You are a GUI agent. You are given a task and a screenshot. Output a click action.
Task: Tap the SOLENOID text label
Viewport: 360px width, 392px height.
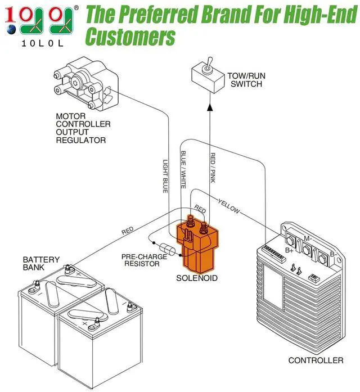197,278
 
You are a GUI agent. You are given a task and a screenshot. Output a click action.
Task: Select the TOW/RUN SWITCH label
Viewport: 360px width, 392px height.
246,80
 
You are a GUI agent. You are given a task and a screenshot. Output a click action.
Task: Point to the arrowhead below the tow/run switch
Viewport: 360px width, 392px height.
210,107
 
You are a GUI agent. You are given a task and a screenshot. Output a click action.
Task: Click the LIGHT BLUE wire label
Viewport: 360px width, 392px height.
165,176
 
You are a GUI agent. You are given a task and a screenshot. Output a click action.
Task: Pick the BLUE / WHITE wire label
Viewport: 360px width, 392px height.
183,169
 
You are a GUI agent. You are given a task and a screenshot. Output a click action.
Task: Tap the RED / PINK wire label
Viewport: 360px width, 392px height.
213,168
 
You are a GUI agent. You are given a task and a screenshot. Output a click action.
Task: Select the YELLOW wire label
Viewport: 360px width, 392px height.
229,206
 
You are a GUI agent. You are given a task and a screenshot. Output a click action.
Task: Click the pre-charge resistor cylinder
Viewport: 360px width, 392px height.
167,249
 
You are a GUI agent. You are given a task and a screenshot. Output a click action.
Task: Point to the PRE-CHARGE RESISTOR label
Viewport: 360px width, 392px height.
144,260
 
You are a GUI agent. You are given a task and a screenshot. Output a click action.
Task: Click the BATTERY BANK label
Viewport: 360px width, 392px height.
41,263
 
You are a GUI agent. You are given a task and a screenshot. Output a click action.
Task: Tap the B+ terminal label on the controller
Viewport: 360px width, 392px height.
289,250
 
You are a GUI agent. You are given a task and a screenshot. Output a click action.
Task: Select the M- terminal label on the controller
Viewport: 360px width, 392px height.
308,238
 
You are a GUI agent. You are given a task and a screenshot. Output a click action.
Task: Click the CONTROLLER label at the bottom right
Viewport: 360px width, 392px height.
316,361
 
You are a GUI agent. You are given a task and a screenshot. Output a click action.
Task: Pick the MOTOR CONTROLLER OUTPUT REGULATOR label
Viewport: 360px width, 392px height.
83,128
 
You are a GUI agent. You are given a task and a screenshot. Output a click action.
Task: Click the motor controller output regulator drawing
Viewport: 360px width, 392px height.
85,84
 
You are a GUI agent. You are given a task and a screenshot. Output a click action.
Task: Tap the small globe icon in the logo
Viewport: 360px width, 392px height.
11,29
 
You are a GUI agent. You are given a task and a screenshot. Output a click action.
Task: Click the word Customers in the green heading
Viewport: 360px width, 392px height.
130,37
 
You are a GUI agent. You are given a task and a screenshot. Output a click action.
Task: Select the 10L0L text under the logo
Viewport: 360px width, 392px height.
43,43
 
